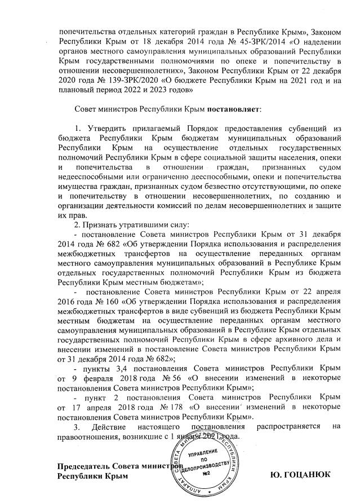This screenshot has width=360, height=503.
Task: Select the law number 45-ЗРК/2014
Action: [x=208, y=42]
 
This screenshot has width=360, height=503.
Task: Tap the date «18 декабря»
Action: [x=156, y=42]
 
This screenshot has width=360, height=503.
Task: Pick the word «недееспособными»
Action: [x=91, y=175]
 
